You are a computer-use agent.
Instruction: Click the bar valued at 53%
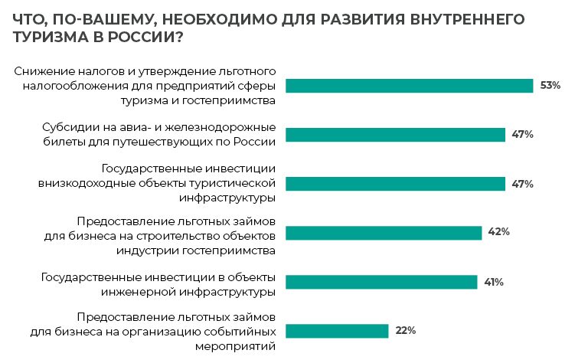(409, 86)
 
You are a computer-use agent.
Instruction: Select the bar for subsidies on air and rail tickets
(395, 135)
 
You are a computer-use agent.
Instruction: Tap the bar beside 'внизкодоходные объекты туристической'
(395, 184)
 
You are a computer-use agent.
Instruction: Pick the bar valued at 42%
(384, 233)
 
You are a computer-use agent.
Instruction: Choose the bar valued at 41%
(381, 282)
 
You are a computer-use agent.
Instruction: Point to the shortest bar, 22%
(337, 331)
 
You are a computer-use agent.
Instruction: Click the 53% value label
(550, 86)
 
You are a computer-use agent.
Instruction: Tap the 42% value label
(498, 232)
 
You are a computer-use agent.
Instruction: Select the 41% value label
(493, 282)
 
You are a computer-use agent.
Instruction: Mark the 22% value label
(405, 331)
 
